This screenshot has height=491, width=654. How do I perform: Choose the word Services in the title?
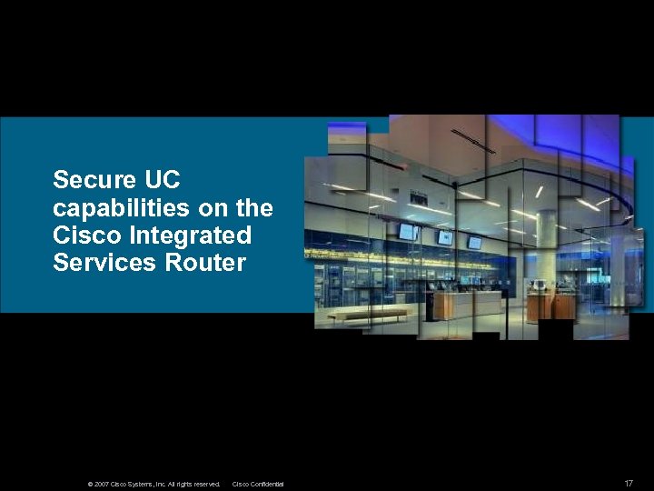(94, 264)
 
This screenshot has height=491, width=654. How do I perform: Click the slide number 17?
(629, 483)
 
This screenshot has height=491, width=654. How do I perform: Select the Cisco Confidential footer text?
(258, 484)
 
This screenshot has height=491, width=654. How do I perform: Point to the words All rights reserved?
(193, 484)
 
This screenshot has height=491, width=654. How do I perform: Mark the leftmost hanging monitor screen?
(406, 232)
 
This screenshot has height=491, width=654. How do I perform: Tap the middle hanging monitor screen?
(445, 237)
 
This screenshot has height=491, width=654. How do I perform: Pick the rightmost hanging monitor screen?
(474, 243)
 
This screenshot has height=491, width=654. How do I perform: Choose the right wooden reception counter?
(549, 306)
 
